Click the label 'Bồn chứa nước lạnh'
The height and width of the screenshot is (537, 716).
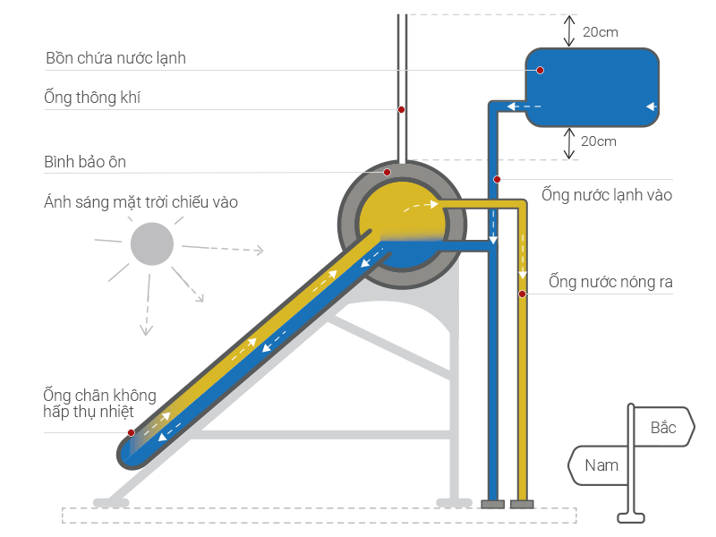coord(116,58)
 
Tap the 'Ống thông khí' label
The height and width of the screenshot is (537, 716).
coord(92,98)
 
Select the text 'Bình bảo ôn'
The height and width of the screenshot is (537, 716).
coord(85,162)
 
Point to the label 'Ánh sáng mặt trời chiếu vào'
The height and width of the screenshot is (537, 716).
coord(141,202)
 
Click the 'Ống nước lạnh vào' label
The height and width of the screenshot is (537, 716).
coord(607,195)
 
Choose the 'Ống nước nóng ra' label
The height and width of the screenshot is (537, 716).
coord(610,282)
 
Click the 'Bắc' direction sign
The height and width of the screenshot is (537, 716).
coord(664,427)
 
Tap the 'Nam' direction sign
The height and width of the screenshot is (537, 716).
coord(599,465)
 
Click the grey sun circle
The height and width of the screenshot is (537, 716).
coord(152,243)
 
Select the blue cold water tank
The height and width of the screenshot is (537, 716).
coord(592,87)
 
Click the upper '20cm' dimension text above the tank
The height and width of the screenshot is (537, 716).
coord(600,32)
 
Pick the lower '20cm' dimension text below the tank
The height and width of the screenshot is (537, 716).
coord(599,141)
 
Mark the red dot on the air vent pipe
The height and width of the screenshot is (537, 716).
coord(401,109)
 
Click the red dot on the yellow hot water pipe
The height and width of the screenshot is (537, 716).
coord(523,294)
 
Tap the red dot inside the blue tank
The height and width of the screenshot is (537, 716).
coord(541,71)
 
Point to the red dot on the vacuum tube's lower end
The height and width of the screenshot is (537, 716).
coord(131,433)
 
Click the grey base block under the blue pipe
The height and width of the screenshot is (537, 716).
coord(493,504)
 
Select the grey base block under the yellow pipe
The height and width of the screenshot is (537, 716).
coord(522,504)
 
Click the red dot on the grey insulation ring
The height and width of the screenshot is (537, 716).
coord(388,172)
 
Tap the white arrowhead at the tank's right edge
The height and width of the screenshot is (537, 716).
coord(652,107)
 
